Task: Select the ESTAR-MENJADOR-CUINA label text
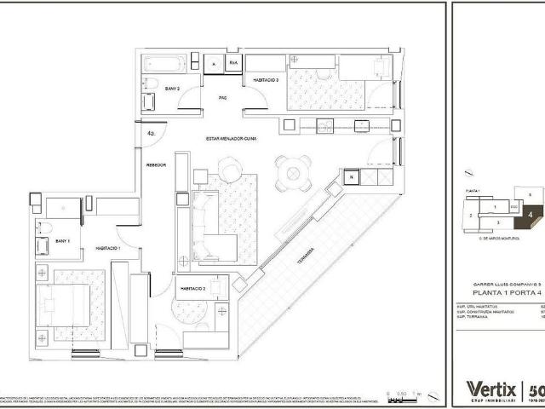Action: click(231, 138)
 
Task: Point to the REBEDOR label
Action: click(155, 165)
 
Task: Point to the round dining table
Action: click(292, 173)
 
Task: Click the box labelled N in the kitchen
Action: click(351, 177)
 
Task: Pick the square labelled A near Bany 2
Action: click(214, 63)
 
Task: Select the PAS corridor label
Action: click(222, 98)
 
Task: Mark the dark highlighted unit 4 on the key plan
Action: click(530, 215)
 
